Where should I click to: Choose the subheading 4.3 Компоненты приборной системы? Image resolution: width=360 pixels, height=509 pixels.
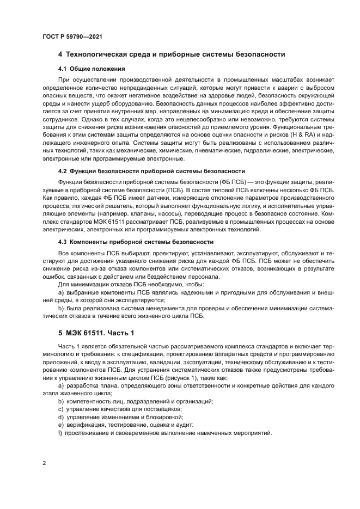(135, 241)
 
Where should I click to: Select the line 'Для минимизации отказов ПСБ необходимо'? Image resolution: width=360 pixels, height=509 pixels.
(131, 284)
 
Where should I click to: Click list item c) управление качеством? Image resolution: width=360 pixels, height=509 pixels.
(120, 409)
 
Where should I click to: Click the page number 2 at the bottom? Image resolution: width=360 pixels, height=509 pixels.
(44, 463)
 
